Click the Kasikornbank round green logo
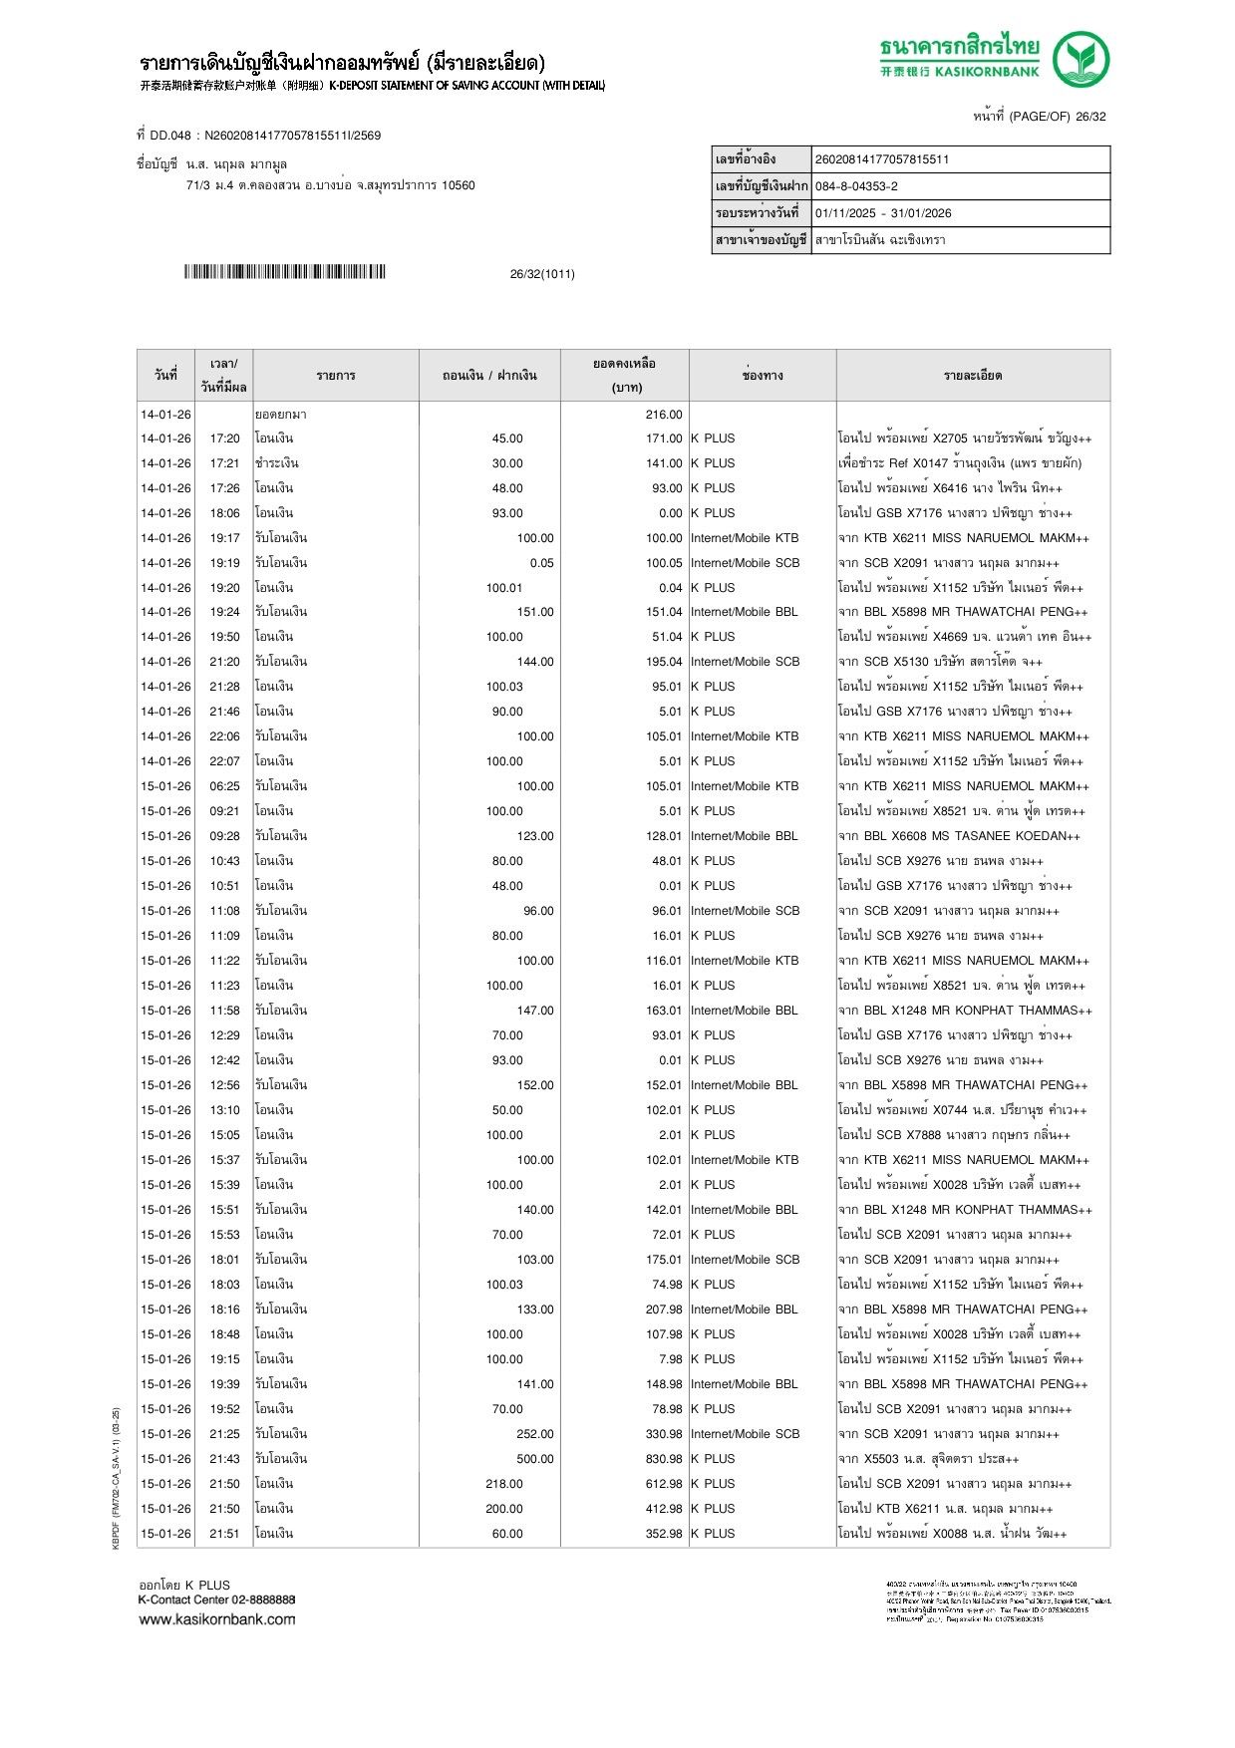[1081, 59]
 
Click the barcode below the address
[284, 272]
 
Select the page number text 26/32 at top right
[1090, 117]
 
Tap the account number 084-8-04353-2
[856, 186]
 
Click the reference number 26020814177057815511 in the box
[882, 159]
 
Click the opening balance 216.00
[664, 415]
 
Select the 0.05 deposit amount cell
[541, 563]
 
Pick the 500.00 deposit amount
[534, 1459]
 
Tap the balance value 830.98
[664, 1459]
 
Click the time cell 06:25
[224, 786]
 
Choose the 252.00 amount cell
[534, 1434]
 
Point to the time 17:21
[224, 463]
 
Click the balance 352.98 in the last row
[664, 1534]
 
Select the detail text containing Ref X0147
[960, 463]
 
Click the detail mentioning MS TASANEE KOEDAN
[959, 836]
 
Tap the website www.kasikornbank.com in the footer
[217, 1619]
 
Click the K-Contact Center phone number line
[216, 1600]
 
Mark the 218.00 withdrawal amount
[504, 1484]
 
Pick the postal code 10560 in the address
[459, 185]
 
